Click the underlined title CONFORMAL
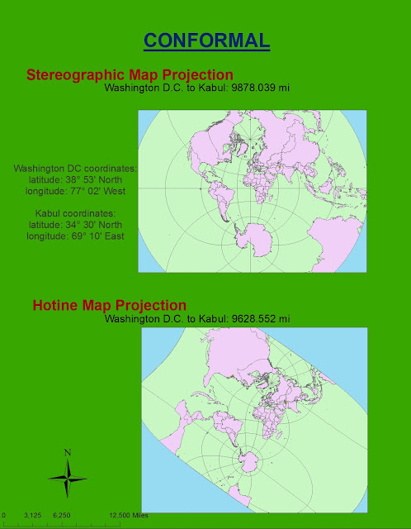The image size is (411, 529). tap(205, 40)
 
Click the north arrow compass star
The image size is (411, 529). tap(68, 477)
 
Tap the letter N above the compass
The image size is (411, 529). tap(68, 452)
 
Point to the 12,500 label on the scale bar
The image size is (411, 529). tap(117, 515)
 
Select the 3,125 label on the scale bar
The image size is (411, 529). tap(33, 515)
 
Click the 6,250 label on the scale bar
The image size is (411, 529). tap(60, 515)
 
